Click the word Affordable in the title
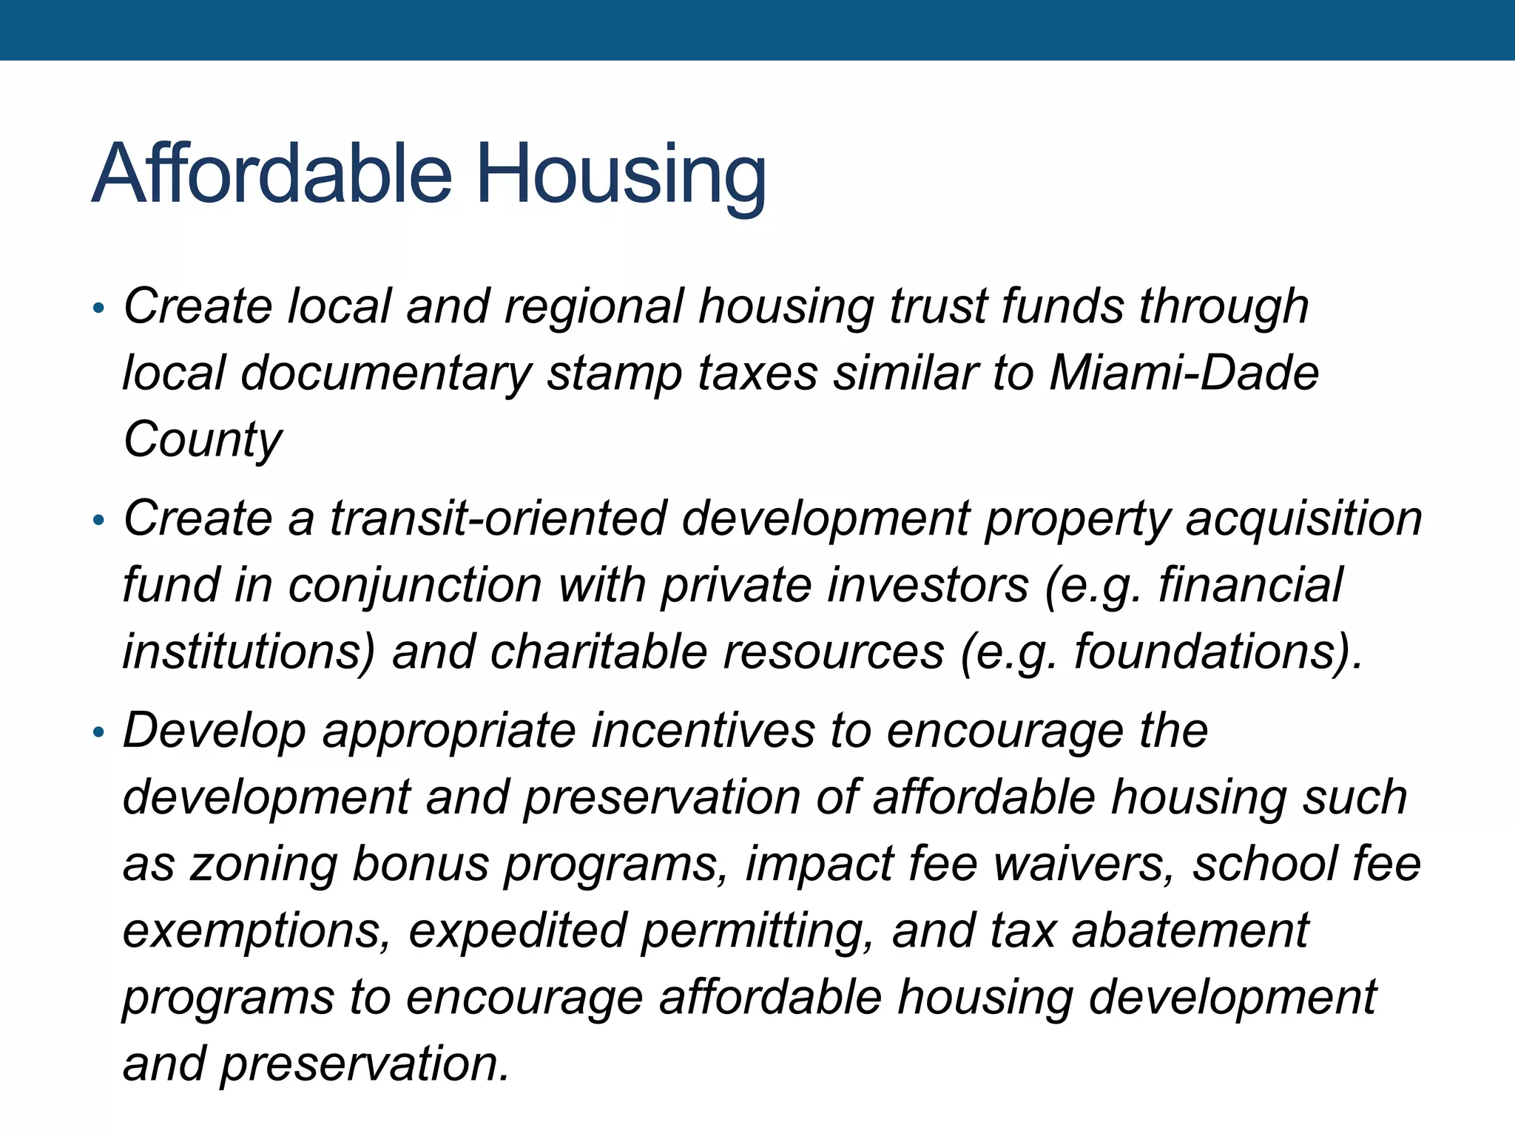tap(271, 174)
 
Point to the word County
tap(203, 440)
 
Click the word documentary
tap(385, 373)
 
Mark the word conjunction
tap(415, 585)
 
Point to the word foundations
tap(1206, 652)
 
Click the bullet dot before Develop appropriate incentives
tap(98, 733)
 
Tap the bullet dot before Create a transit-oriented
tap(98, 521)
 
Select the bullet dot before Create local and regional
tap(98, 308)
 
